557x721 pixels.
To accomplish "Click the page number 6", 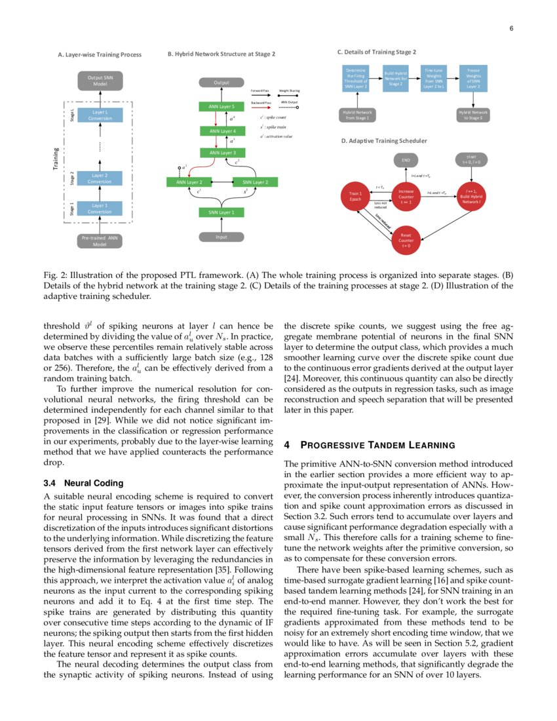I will tap(510, 28).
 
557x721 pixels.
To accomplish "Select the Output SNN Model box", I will tap(100, 81).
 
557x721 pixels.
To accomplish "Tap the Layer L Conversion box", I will tap(100, 115).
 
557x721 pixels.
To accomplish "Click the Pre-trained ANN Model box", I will tap(100, 241).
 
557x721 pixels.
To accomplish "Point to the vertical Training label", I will tap(56, 159).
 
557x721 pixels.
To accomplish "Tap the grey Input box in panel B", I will tap(221, 237).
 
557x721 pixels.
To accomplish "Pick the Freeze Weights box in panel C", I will tap(473, 77).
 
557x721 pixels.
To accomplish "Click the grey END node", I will tap(406, 159).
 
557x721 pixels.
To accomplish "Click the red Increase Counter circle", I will tap(406, 196).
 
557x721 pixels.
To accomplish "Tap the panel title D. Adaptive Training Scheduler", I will tap(381, 140).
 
